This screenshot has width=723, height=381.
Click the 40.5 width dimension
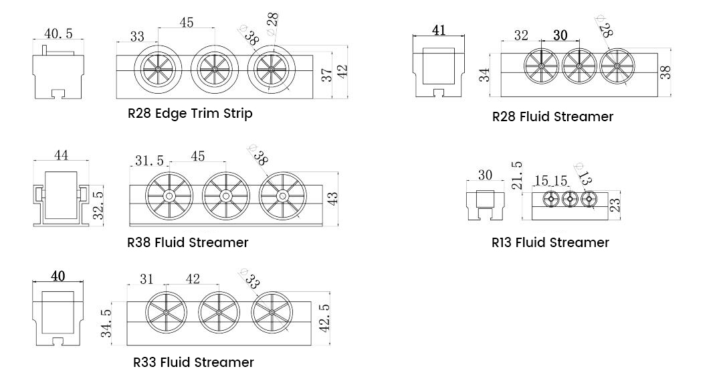click(59, 33)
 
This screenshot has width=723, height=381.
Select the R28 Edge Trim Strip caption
click(190, 113)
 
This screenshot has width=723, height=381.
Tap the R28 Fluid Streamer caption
click(552, 117)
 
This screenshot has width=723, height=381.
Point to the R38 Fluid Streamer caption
click(188, 242)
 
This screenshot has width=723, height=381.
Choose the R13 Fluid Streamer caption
click(550, 242)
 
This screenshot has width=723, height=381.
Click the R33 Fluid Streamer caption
click(193, 362)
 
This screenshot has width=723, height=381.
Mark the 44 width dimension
click(61, 155)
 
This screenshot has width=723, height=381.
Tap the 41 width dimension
click(439, 30)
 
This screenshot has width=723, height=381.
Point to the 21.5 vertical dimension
click(516, 175)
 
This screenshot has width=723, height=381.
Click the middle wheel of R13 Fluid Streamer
click(569, 199)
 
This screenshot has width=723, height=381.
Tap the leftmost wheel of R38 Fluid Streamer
click(169, 196)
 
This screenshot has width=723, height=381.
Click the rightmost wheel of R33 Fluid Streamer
click(273, 313)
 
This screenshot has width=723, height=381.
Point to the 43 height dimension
click(333, 198)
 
